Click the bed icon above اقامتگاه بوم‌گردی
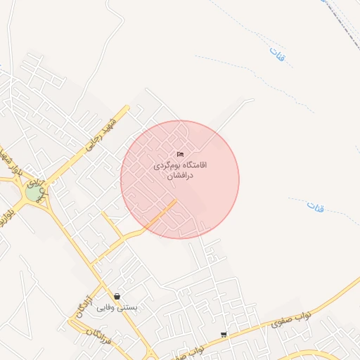pos(180,155)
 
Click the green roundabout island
pos(33,192)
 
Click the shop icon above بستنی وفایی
pos(117,296)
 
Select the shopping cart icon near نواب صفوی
pos(224,334)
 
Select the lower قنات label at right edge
pos(316,207)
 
